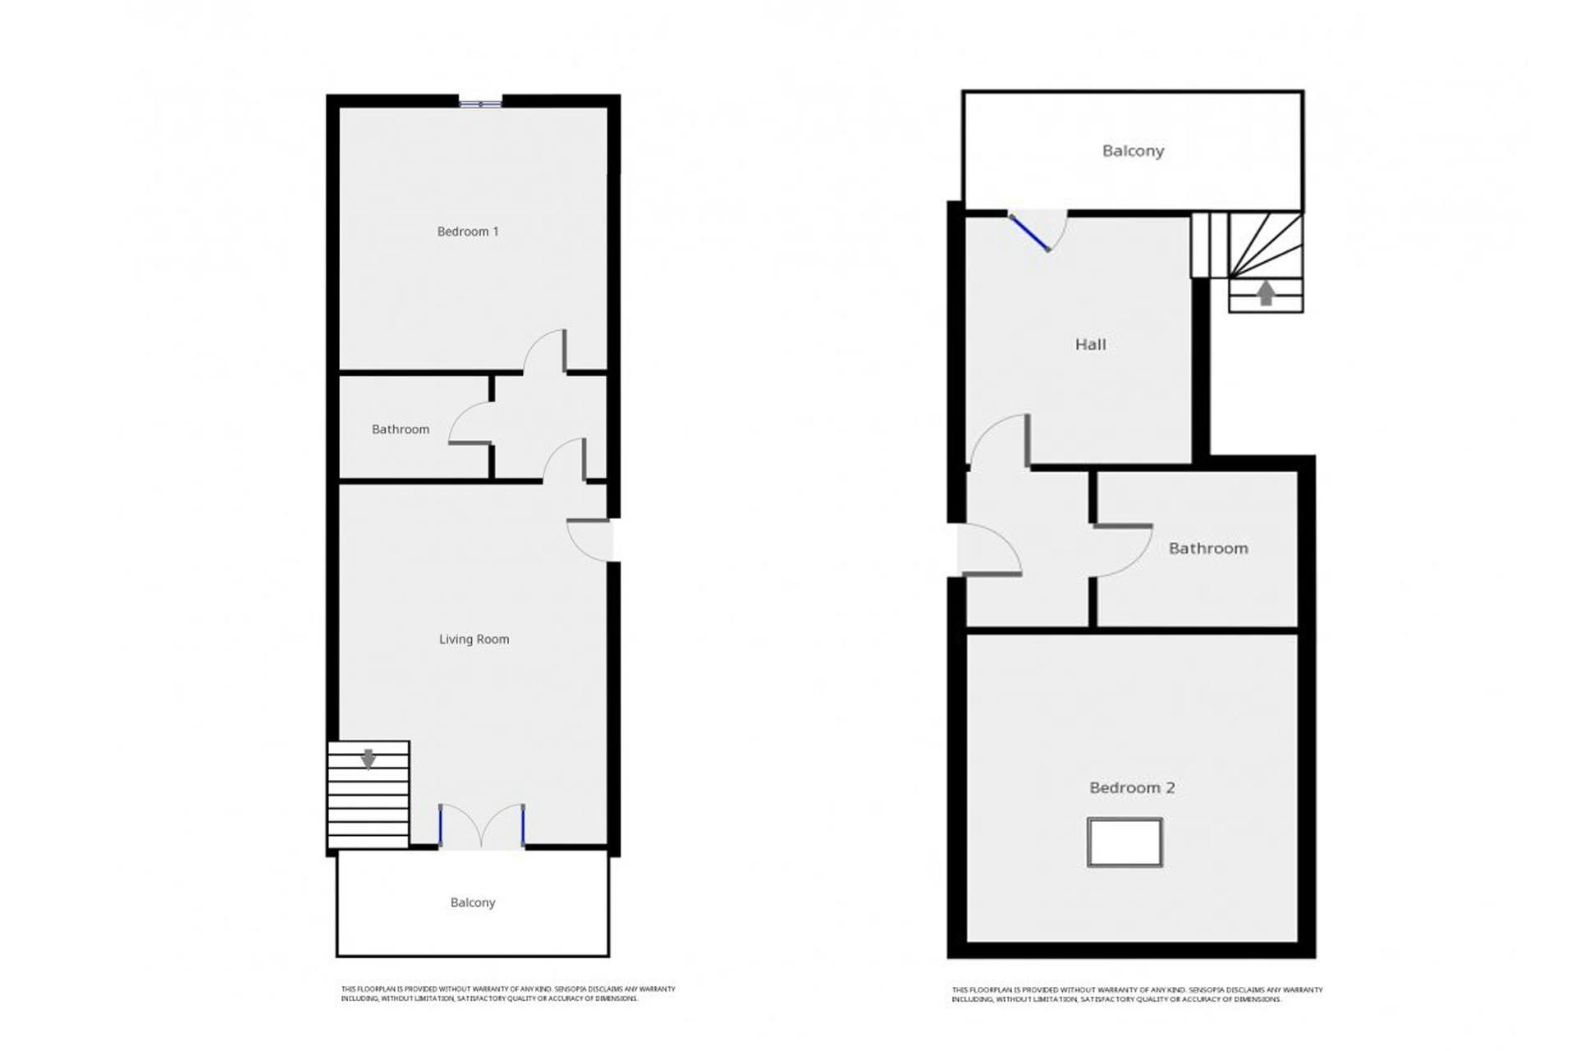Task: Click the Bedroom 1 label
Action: pos(468,232)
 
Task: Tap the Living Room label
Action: pos(474,639)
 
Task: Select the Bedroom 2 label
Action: pos(1132,787)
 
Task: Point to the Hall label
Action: pos(1090,345)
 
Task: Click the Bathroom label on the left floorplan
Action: pos(401,429)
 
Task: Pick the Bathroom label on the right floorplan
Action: pos(1208,548)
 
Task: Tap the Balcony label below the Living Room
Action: pos(473,902)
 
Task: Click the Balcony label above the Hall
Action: pos(1133,151)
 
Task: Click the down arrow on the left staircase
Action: pos(369,759)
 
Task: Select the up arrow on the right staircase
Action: pos(1266,293)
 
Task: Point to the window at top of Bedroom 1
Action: pos(480,103)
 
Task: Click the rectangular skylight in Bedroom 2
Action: pos(1125,842)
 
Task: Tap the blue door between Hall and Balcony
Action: pos(1030,232)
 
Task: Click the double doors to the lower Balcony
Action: pos(482,825)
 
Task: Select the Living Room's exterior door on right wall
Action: pos(589,539)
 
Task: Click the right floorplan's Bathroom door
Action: pos(1125,550)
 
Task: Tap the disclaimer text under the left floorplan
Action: pos(508,994)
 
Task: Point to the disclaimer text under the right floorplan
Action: pos(1137,994)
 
